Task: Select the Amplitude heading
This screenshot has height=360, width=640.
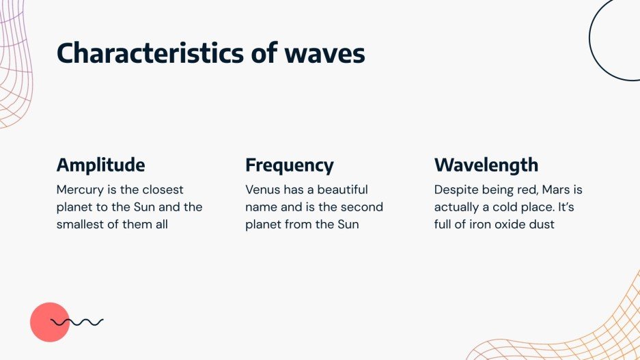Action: coord(100,165)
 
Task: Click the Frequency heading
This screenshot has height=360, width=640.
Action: coord(290,165)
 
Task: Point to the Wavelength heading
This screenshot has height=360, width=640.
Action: coord(486,165)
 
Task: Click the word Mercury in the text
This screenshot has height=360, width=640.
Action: coord(79,189)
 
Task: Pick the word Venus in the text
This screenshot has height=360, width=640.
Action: coord(262,189)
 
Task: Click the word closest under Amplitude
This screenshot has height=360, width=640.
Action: coord(163,189)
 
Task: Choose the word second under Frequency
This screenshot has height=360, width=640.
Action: coord(364,207)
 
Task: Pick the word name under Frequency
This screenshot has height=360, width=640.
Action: coord(261,207)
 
